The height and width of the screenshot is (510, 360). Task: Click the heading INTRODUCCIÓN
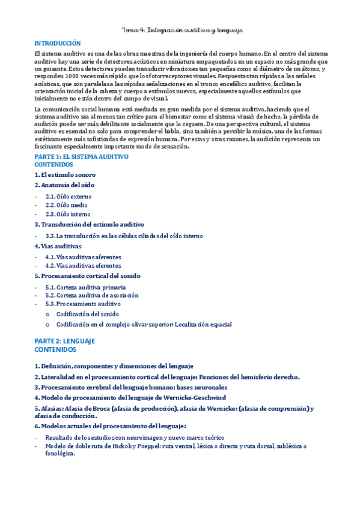(x=57, y=44)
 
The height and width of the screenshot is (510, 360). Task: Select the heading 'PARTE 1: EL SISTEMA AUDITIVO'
(x=81, y=156)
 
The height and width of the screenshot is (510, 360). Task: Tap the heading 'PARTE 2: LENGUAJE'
(x=65, y=341)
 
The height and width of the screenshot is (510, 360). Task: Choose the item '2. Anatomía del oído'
(x=64, y=185)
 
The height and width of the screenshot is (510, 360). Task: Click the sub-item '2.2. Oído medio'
(x=67, y=205)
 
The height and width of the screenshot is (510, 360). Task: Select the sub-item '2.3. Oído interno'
(x=68, y=214)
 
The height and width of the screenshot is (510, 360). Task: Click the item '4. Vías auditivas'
(x=58, y=246)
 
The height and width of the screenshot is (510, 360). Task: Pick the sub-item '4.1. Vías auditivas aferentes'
(x=83, y=257)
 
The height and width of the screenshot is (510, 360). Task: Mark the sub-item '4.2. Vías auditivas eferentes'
(x=83, y=265)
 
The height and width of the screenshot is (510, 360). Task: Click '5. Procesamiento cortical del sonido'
(x=87, y=275)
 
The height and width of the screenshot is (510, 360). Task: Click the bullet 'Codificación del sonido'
(x=87, y=314)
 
